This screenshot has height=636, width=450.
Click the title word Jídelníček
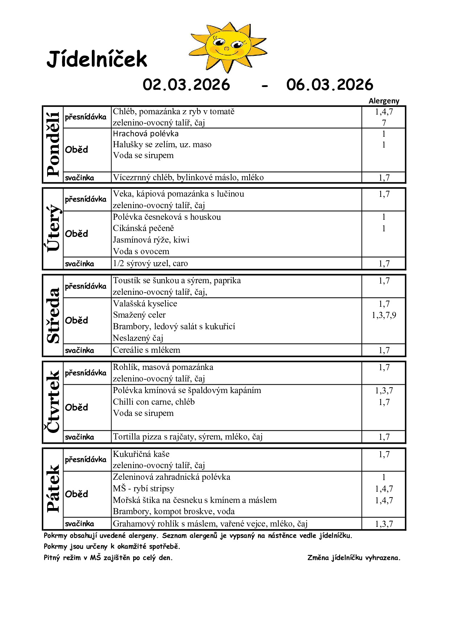pos(97,59)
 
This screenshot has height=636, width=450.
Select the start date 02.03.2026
pos(186,85)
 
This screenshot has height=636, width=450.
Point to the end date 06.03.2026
pos(330,85)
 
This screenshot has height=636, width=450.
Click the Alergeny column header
pos(384,101)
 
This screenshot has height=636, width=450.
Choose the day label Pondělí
pos(53,144)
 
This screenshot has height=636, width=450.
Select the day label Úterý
pos(53,228)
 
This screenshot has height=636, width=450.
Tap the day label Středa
pos(53,315)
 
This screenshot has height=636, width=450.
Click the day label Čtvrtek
pos(53,402)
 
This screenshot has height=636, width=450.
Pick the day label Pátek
pos(53,488)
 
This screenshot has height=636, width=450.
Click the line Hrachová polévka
pos(146,134)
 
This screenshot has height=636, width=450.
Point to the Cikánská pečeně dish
pos(143,228)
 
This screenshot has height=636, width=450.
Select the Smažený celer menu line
pos(139,315)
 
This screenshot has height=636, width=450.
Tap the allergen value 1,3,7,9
pos(384,315)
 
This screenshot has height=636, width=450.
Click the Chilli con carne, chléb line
pos(154,402)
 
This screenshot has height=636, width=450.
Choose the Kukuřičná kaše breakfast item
pos(141,454)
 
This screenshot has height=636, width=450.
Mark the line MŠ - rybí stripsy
pos(143,489)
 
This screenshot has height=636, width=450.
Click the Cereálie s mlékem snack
pos(146,350)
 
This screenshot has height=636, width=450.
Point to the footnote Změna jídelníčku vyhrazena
pos(354,558)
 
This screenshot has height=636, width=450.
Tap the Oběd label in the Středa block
pos(77,321)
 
